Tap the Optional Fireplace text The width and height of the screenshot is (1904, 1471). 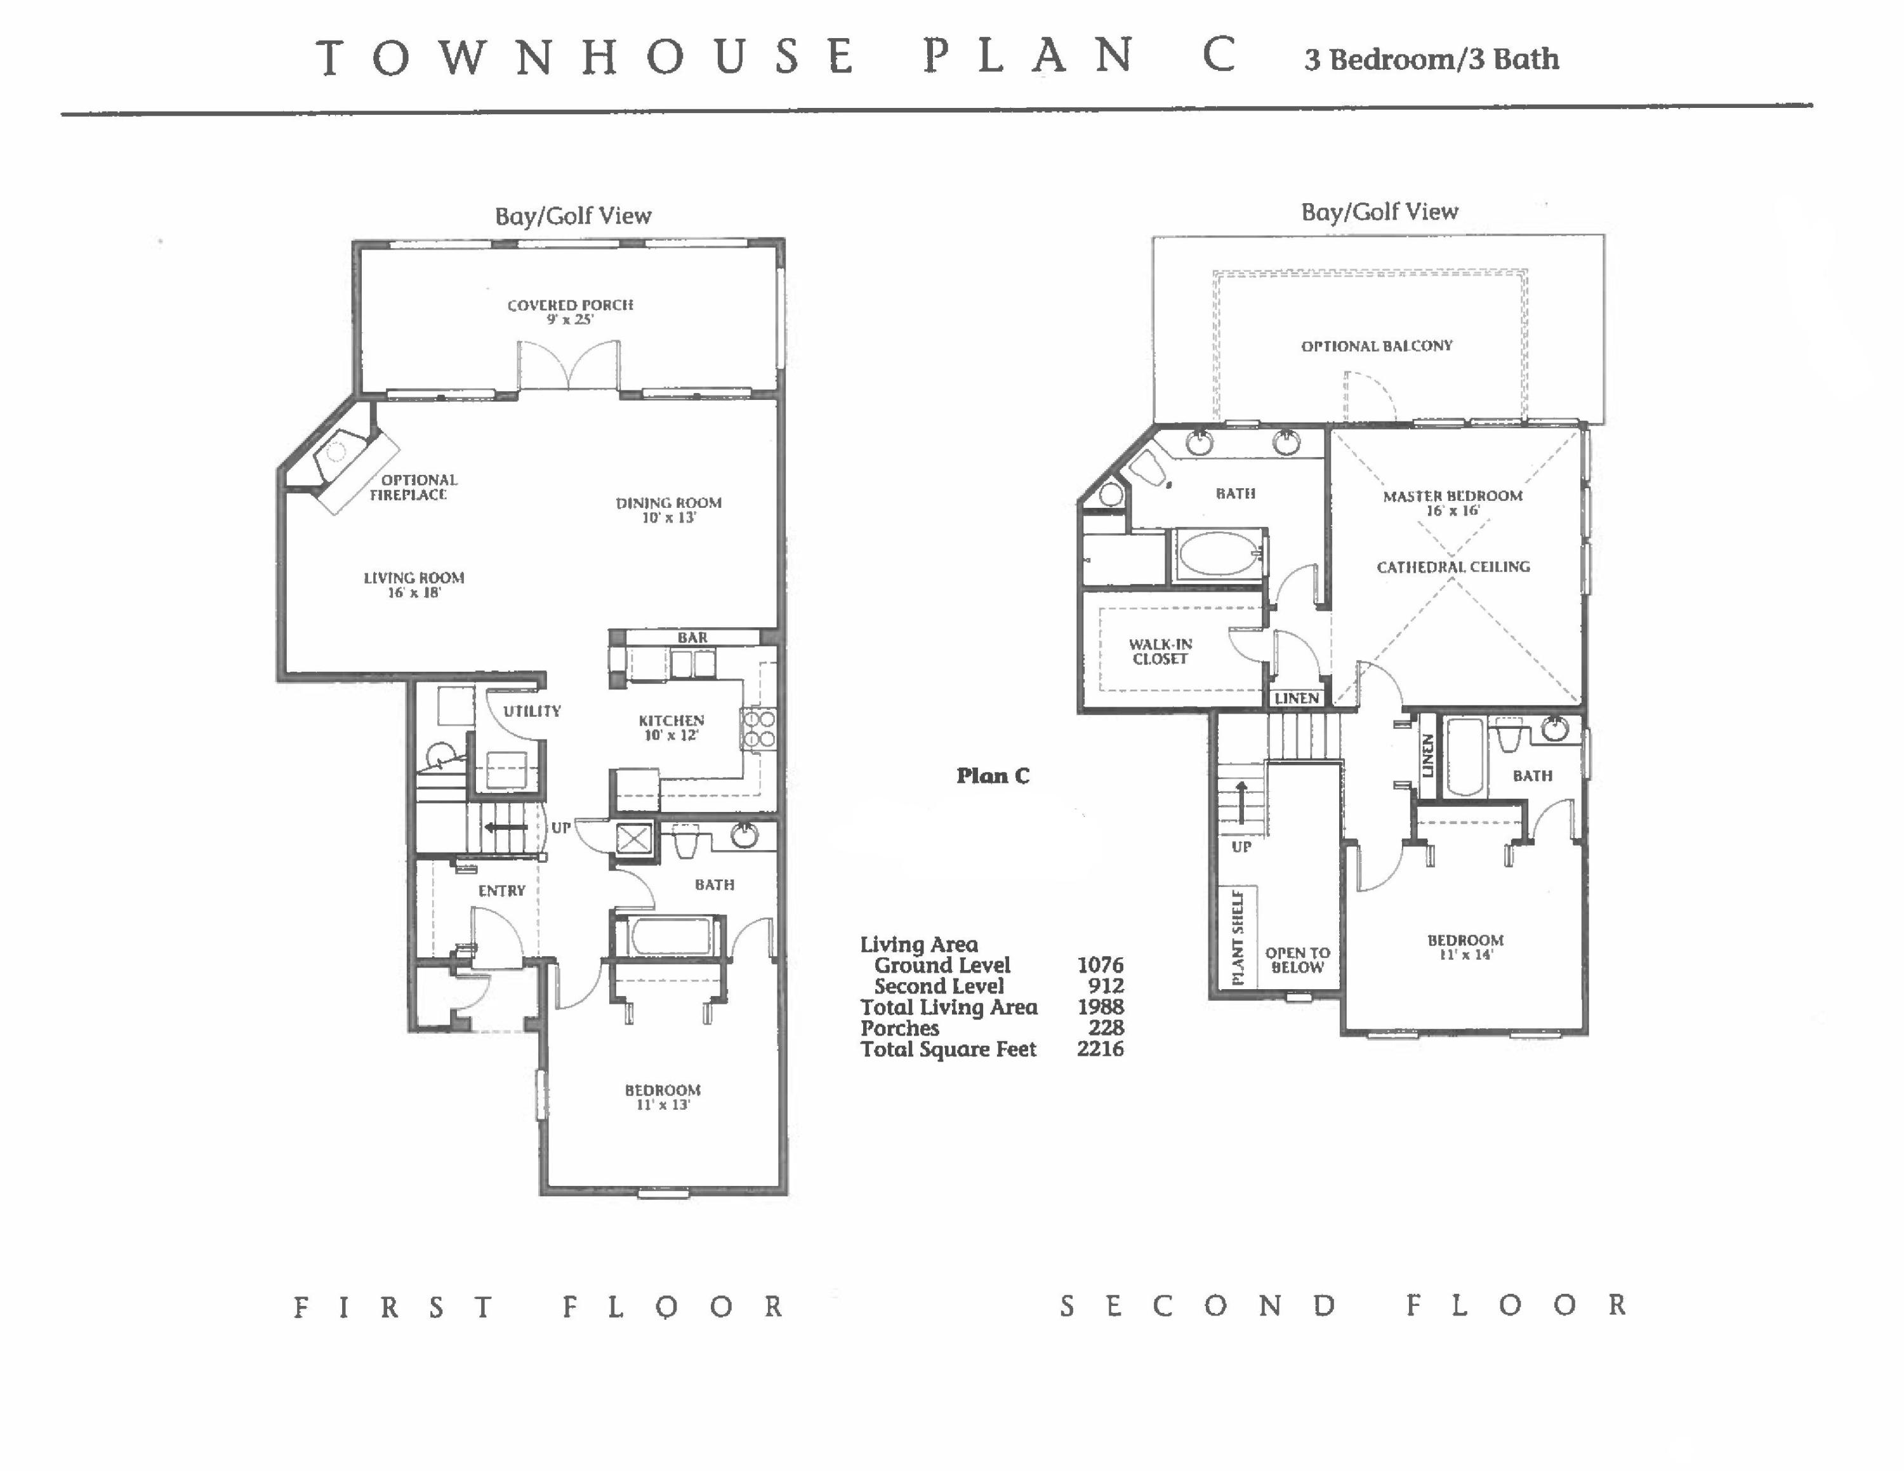tap(413, 488)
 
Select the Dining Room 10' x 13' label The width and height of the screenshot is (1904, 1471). tap(669, 510)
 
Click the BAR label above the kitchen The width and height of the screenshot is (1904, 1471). tap(692, 637)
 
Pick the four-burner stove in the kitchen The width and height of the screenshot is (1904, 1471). tap(758, 729)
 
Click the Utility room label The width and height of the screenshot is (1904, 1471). tap(532, 710)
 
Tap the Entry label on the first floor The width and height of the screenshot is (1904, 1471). tap(501, 890)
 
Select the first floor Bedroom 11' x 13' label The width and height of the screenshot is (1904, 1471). tap(663, 1097)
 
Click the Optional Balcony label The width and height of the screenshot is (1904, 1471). tap(1377, 346)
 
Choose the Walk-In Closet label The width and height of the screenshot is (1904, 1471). tap(1160, 651)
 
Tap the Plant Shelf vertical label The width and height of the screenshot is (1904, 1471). tap(1238, 936)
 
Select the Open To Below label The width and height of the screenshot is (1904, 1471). tap(1297, 959)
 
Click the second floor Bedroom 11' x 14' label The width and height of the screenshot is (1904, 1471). tap(1465, 947)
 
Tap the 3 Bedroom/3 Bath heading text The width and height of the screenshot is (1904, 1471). tap(1431, 59)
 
